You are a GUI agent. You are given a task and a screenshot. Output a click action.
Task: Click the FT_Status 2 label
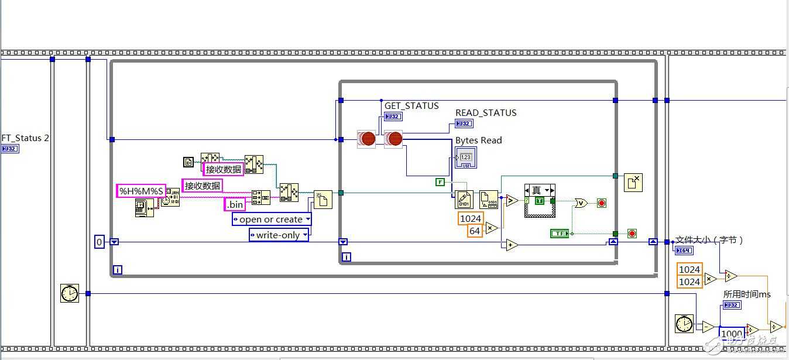point(25,138)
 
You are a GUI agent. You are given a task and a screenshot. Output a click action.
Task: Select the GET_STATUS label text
point(411,106)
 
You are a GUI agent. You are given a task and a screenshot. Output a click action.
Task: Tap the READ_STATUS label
point(486,113)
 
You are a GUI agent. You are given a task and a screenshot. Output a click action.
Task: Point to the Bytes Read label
point(478,140)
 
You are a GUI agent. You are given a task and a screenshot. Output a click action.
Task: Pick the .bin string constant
point(235,204)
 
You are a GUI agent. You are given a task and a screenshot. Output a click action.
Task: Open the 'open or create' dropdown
point(272,220)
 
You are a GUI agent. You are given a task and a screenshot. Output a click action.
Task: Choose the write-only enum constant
point(279,235)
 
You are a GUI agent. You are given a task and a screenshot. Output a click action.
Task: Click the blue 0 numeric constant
point(100,241)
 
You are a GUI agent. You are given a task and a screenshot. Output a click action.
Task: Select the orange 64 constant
point(475,231)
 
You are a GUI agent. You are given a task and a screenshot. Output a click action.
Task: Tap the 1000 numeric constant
point(732,334)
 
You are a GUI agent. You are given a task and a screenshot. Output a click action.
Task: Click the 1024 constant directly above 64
point(471,218)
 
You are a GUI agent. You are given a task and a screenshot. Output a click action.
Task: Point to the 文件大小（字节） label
point(709,240)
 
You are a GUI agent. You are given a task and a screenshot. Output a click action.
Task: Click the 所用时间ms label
point(747,294)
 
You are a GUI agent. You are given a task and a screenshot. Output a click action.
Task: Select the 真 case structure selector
point(540,191)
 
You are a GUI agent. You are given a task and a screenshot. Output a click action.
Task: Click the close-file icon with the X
point(633,183)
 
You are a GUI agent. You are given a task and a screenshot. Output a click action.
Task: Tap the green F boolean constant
point(440,182)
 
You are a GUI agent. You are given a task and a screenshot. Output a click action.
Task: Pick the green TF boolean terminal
point(559,234)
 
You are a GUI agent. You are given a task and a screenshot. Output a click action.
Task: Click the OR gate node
point(581,203)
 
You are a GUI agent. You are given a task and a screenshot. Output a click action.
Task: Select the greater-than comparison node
point(512,201)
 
